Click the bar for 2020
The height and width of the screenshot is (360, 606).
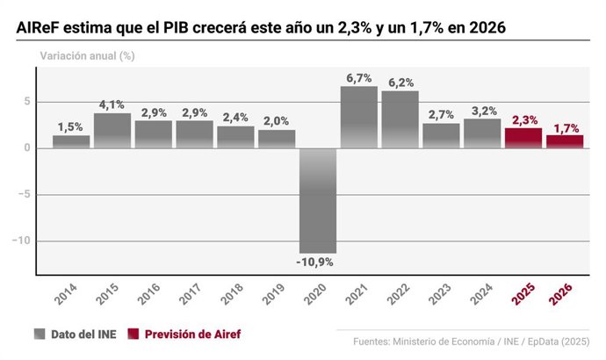(318, 200)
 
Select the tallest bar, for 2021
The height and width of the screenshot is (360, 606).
(359, 117)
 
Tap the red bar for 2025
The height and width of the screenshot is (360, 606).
(523, 138)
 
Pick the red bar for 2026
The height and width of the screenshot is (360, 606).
(565, 141)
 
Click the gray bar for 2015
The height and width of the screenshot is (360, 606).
(112, 130)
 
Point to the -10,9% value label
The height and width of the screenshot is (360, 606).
(318, 262)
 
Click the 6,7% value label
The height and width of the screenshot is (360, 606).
(359, 78)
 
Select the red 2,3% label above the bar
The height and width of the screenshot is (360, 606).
(523, 119)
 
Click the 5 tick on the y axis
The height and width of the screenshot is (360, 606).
(27, 101)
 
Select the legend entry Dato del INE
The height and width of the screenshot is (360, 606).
(77, 334)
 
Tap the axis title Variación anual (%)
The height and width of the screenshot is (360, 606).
(86, 55)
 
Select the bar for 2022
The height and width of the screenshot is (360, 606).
(400, 119)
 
